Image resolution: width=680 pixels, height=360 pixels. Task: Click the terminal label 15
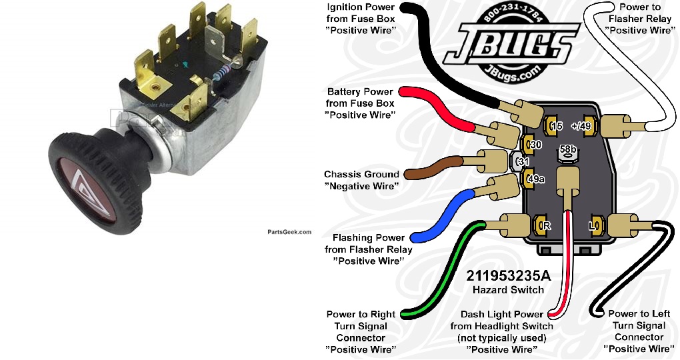[x=557, y=126]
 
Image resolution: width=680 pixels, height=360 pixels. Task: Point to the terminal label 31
[x=523, y=161]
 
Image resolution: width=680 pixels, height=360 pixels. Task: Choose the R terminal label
[x=547, y=226]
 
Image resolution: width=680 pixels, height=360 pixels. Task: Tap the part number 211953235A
[x=508, y=275]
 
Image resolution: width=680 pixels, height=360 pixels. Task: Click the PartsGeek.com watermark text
[x=289, y=232]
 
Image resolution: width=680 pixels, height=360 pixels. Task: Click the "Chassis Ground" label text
[x=361, y=175]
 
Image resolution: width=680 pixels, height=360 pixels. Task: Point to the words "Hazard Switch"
[x=508, y=289]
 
